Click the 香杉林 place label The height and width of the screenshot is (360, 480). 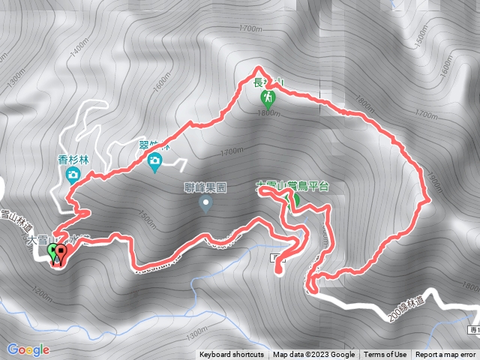pos(73,159)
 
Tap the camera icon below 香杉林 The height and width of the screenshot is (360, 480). pos(73,175)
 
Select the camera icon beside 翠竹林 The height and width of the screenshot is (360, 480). pos(154,160)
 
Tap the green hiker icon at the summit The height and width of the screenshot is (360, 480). pos(268,97)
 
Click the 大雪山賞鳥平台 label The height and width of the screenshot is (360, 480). pos(292,184)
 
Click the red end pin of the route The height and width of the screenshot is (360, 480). pos(60,253)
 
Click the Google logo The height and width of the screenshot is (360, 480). pos(28,349)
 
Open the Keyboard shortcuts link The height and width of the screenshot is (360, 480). pos(231,355)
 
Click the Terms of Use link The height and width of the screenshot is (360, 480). pos(385,355)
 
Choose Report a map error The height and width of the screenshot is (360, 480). pos(445,355)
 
